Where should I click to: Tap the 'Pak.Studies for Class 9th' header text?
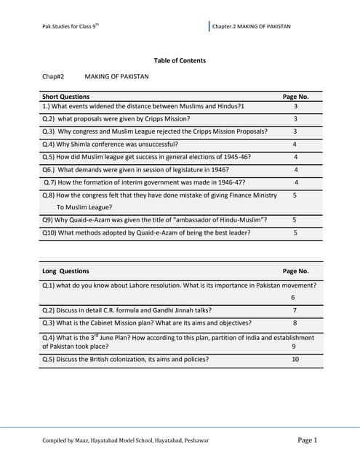pos(71,27)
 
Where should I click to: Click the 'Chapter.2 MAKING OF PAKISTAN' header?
pos(251,27)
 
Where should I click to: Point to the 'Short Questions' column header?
pos(66,96)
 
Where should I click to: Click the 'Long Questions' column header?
pos(66,271)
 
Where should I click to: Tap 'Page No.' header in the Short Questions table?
pos(295,96)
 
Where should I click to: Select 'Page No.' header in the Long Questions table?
pos(295,271)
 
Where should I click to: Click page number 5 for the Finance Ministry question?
pos(295,195)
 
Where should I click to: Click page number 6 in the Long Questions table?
pos(292,297)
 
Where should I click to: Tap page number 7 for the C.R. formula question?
pos(295,310)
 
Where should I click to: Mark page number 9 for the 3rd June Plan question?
pos(294,347)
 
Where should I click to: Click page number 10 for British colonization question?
pos(295,359)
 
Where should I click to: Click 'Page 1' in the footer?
pos(308,440)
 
